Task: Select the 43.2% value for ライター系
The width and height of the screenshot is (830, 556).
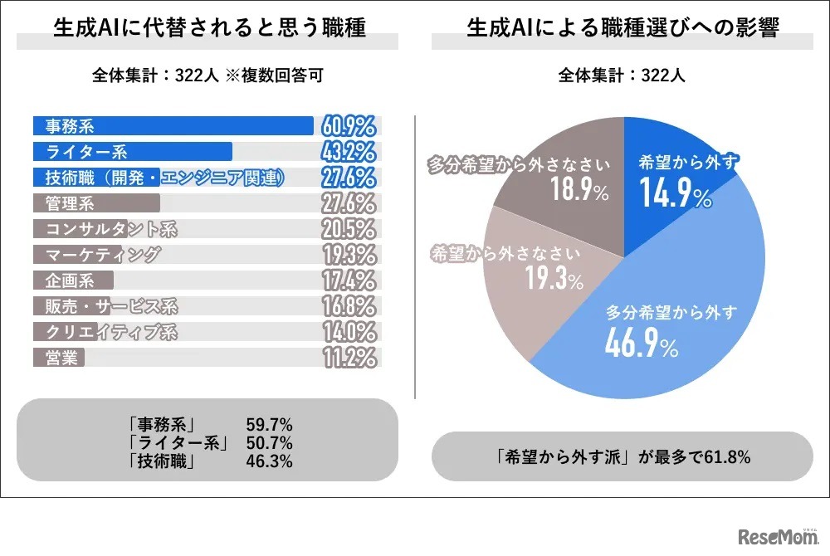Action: (x=347, y=152)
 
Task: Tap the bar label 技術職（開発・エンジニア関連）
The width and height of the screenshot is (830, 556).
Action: (x=164, y=178)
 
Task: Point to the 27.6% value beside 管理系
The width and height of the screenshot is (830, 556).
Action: (x=347, y=203)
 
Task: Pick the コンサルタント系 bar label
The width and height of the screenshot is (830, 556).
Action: (x=110, y=229)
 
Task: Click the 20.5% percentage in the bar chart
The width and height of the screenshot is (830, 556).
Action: (x=347, y=229)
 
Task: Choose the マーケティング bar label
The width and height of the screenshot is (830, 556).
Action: (x=102, y=255)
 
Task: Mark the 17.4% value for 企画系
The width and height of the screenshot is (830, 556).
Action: (x=347, y=280)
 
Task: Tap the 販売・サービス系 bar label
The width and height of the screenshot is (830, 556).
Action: (x=110, y=306)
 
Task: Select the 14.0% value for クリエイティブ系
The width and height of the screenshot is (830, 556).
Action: (x=347, y=332)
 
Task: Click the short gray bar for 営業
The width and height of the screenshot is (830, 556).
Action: (x=60, y=358)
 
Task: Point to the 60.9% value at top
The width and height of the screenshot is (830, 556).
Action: (x=347, y=126)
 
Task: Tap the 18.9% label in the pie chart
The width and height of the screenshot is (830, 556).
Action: (x=579, y=192)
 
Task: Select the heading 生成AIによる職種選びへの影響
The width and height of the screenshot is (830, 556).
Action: (x=622, y=30)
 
